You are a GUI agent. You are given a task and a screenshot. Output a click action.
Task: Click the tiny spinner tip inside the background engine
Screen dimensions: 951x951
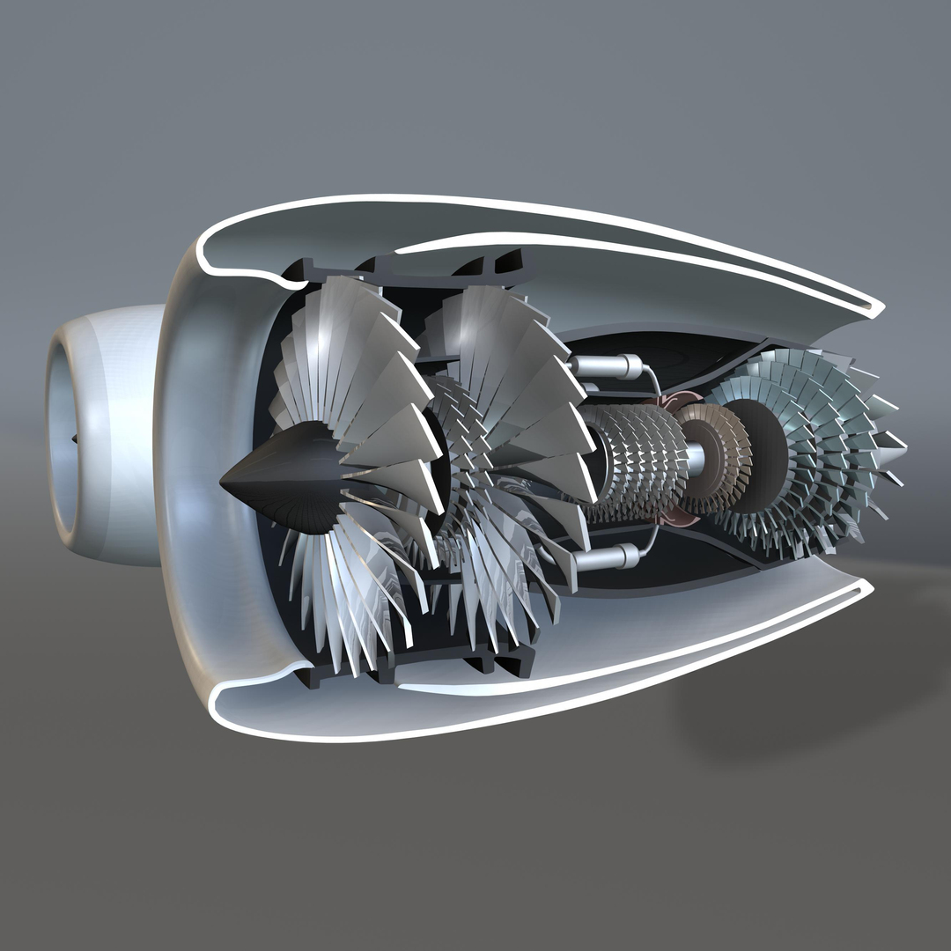tap(74, 438)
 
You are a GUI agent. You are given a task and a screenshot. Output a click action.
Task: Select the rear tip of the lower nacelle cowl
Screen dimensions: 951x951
tap(867, 585)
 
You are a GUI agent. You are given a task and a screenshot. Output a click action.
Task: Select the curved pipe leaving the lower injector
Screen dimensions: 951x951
tap(652, 542)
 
